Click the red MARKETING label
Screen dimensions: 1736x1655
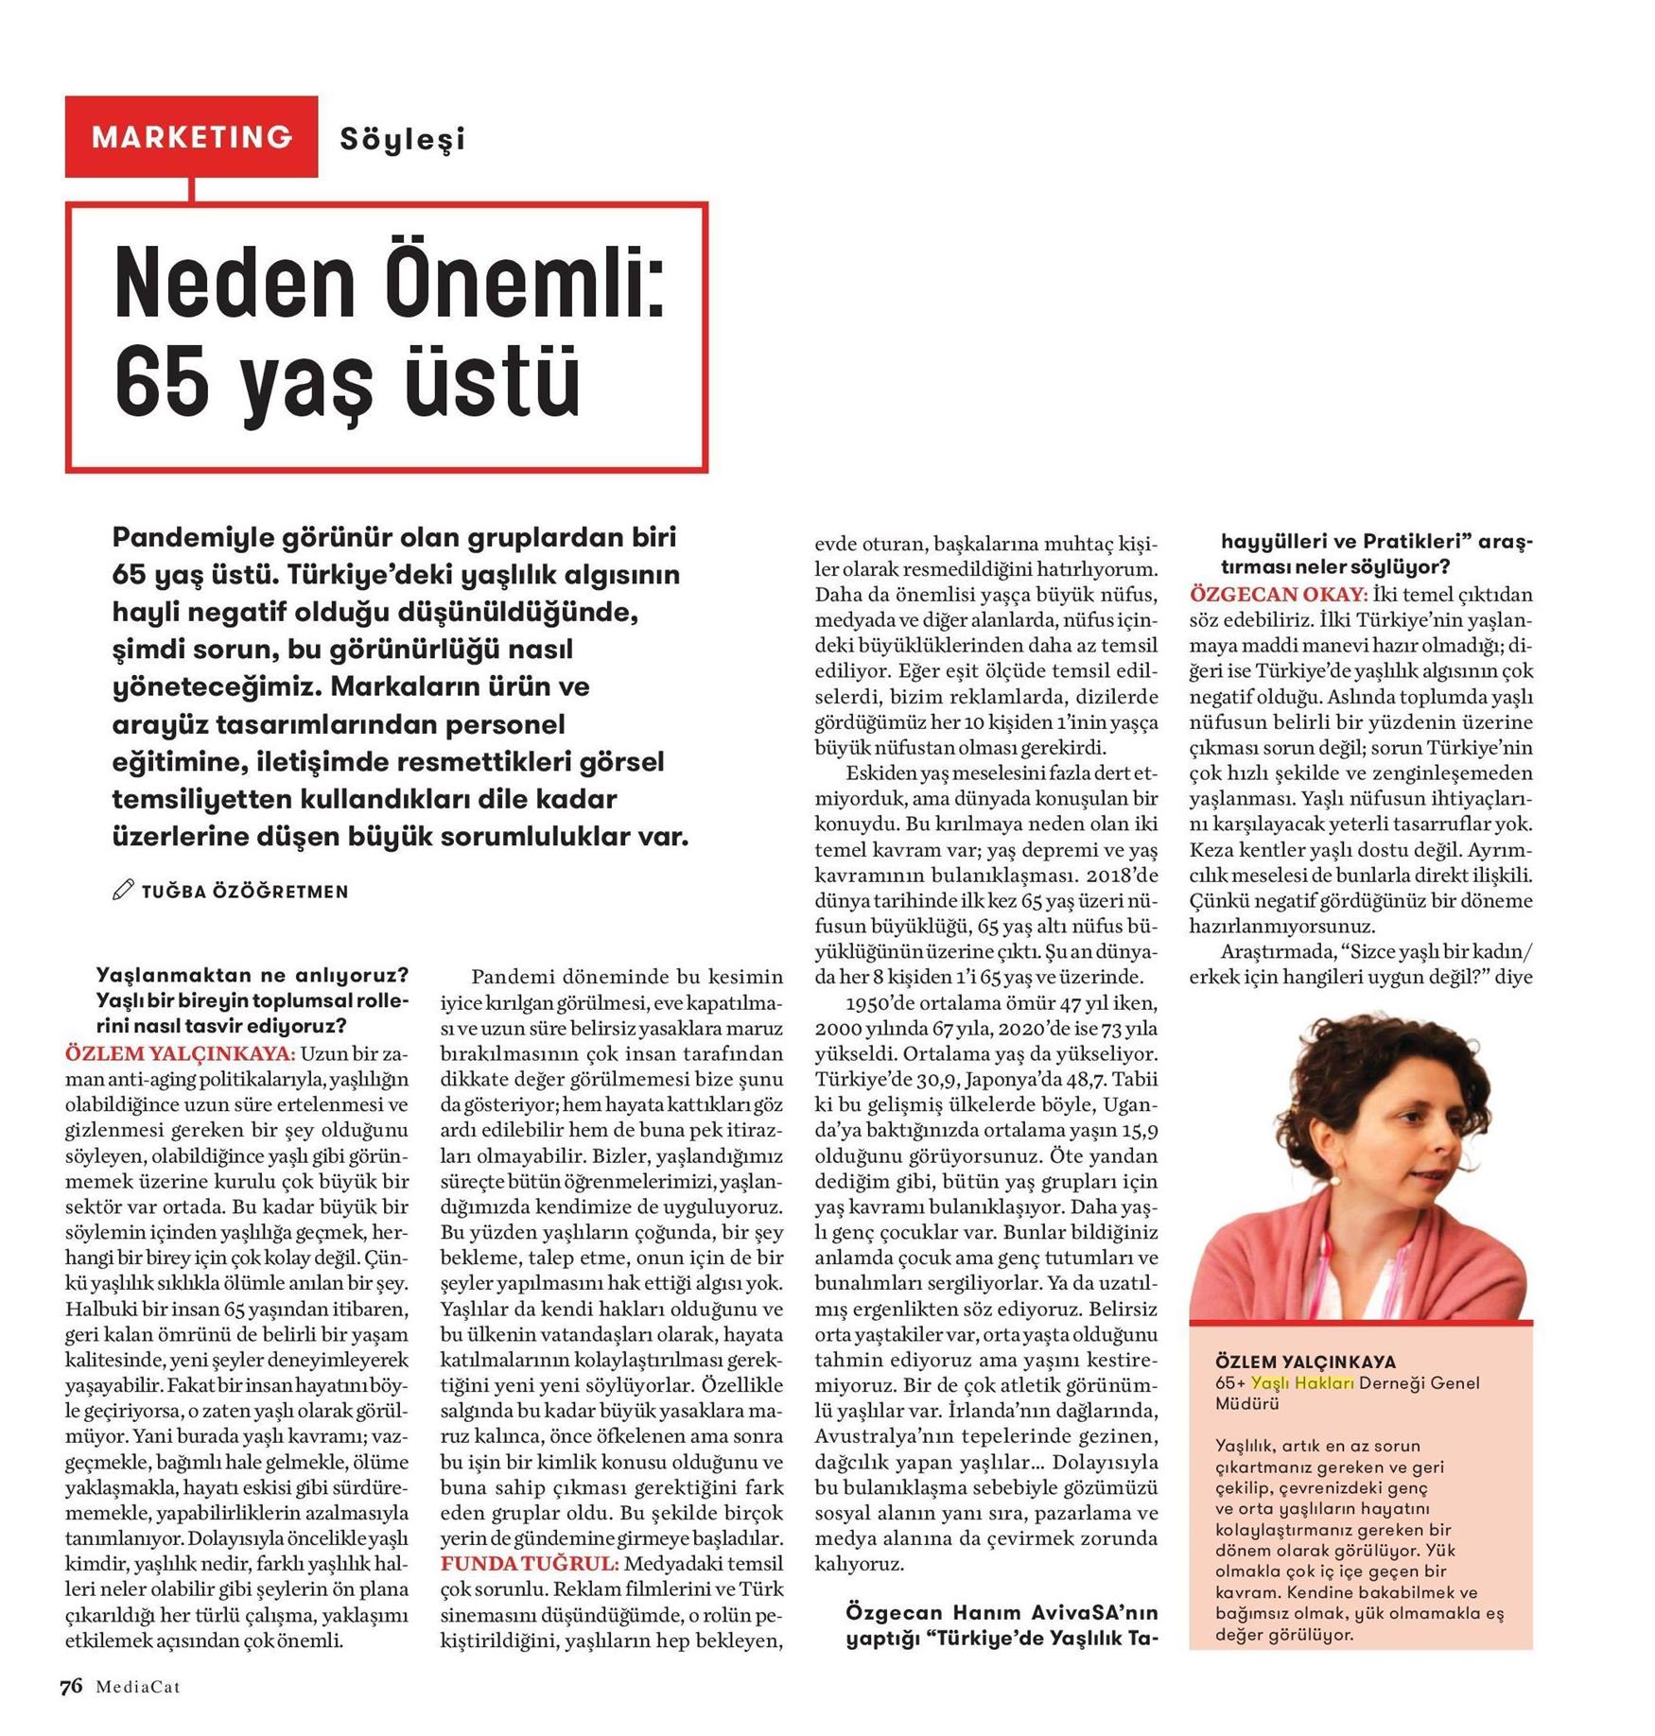click(x=192, y=137)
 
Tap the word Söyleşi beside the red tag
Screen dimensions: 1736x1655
click(x=403, y=140)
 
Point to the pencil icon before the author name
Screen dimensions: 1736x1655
click(x=123, y=890)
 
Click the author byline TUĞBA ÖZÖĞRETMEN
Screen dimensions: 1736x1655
click(x=245, y=892)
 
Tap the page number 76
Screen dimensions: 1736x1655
click(x=71, y=1687)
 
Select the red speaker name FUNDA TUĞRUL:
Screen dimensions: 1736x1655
click(x=530, y=1563)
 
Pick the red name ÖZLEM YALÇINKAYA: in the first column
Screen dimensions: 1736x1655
click(x=180, y=1053)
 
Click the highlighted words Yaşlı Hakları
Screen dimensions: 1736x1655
click(x=1302, y=1383)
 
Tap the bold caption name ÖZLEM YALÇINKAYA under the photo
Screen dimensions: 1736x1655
click(x=1305, y=1362)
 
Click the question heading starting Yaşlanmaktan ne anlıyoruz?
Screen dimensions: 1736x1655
click(x=253, y=976)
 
